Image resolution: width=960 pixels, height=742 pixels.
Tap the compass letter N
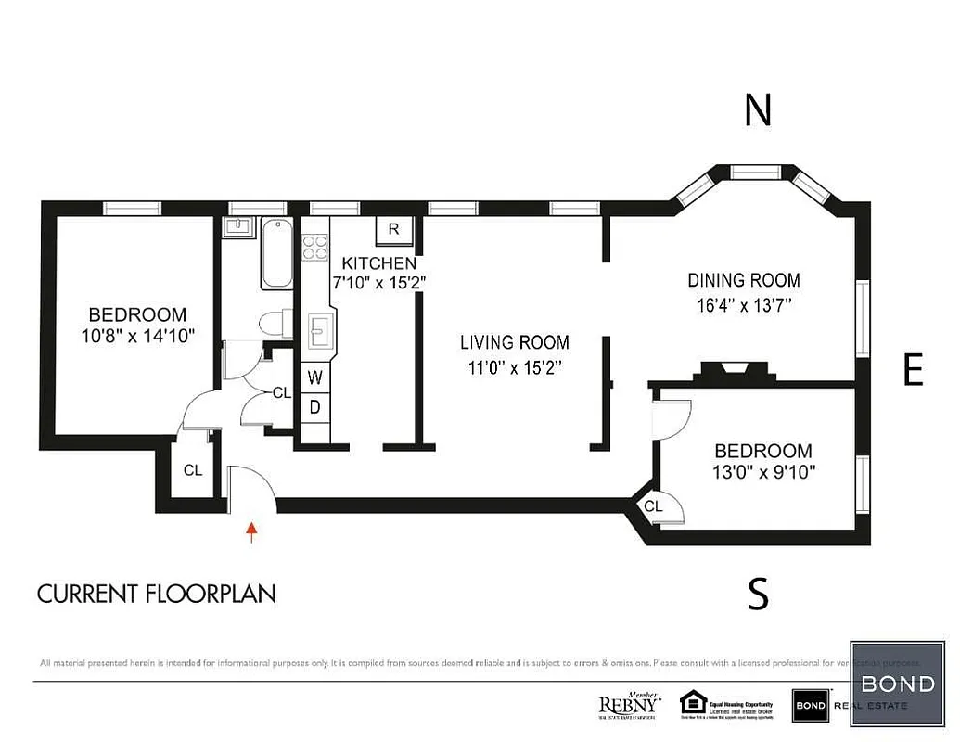pos(758,110)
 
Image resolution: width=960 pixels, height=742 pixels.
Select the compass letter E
pos(913,370)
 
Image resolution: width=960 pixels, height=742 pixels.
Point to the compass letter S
pos(758,593)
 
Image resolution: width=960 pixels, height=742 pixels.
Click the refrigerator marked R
pos(393,229)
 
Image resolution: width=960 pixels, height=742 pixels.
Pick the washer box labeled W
pos(315,377)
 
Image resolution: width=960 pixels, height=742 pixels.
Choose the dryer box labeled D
pos(315,406)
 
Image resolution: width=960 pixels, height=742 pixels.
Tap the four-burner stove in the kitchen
pos(315,247)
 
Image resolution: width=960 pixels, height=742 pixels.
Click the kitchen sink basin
pos(321,329)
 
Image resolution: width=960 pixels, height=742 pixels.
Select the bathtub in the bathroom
pos(277,254)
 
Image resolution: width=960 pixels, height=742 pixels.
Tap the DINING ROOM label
pos(743,280)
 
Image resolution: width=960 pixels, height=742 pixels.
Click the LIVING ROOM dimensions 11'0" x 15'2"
pos(515,366)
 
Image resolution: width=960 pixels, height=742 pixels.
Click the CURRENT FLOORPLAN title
pos(156,594)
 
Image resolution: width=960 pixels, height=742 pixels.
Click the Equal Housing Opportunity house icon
pos(692,702)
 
